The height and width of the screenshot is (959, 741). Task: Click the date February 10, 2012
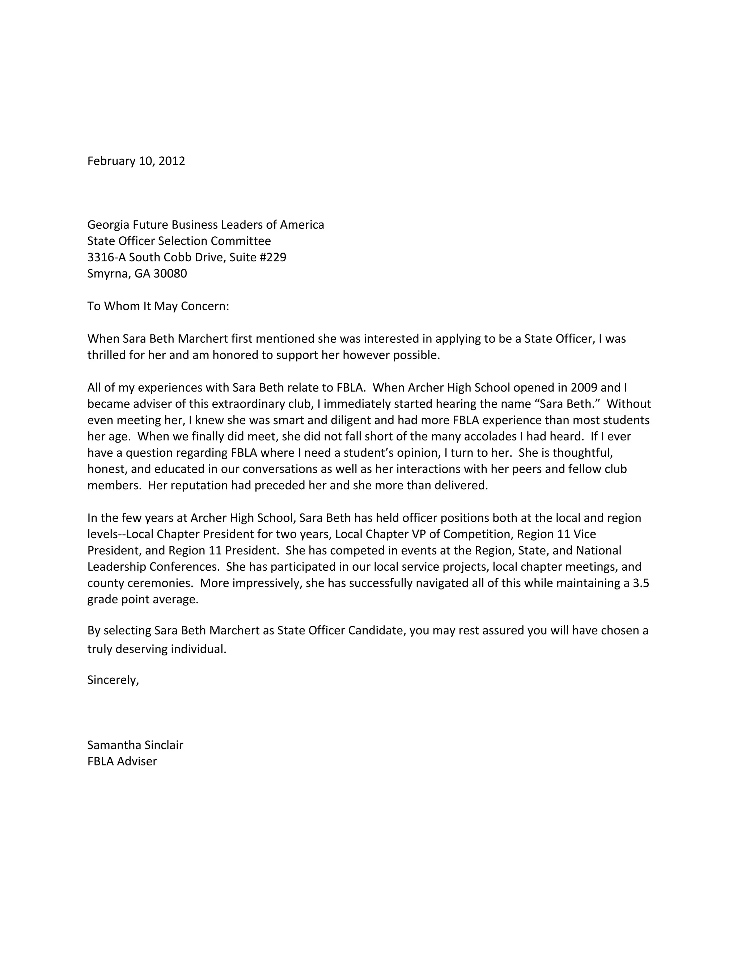click(136, 161)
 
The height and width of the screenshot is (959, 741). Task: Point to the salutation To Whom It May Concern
click(158, 306)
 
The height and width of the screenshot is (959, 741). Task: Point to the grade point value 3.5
click(640, 583)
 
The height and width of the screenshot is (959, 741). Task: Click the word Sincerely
click(113, 680)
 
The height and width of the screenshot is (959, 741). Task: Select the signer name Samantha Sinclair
click(135, 745)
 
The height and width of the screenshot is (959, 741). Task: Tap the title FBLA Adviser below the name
click(122, 761)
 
